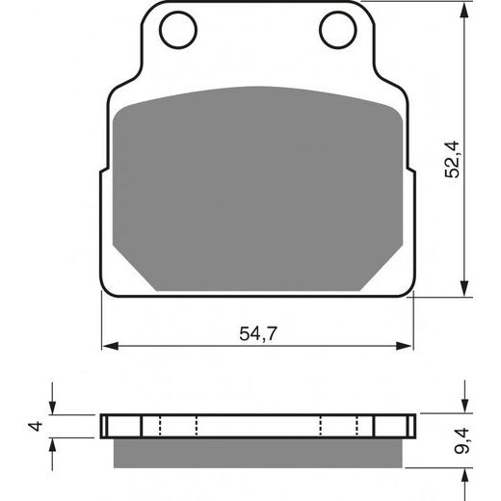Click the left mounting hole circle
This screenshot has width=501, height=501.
(x=177, y=32)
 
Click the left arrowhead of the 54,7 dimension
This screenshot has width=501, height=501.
(x=109, y=344)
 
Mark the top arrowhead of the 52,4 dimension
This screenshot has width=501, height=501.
(x=466, y=10)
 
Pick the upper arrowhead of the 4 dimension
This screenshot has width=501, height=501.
(x=53, y=409)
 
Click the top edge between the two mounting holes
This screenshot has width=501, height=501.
(x=258, y=4)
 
